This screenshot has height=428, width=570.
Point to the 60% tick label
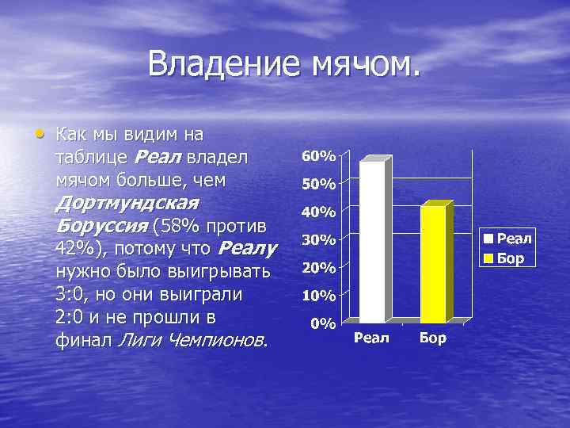point(318,155)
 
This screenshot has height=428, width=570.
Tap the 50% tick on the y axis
point(318,184)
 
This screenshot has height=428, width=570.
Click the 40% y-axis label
point(318,212)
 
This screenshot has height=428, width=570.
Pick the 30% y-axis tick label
point(318,239)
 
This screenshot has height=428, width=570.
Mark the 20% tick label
point(318,268)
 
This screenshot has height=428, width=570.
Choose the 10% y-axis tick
point(318,296)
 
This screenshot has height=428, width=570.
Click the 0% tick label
point(321,323)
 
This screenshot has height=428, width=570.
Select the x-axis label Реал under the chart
point(372,338)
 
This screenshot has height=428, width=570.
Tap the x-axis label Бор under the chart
point(433,338)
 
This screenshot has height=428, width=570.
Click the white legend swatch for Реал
point(490,238)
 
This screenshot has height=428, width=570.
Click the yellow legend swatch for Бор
point(490,258)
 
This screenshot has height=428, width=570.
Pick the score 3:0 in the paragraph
point(73,295)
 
